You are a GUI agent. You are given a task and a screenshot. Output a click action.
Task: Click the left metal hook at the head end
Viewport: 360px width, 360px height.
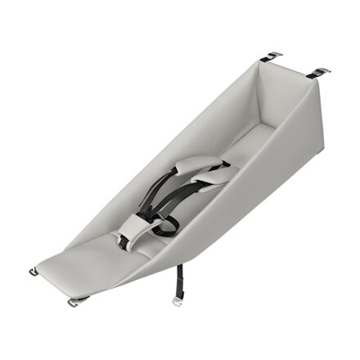coord(272,57)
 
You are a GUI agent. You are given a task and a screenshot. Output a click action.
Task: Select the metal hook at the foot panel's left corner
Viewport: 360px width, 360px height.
coord(35,271)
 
